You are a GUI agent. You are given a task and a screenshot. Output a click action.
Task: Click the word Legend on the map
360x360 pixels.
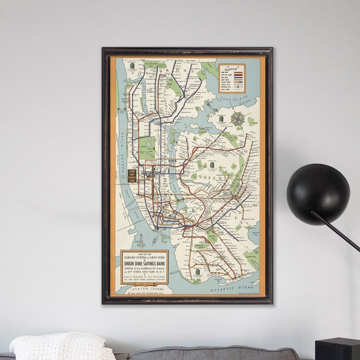click(232, 68)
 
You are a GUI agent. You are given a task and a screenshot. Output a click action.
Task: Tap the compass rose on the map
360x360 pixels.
click(238, 118)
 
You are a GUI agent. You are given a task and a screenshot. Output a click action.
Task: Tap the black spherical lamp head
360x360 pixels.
click(317, 194)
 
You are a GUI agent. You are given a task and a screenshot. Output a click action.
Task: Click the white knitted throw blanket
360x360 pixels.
click(60, 347)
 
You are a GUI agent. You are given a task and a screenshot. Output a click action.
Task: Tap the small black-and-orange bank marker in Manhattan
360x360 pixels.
click(132, 175)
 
